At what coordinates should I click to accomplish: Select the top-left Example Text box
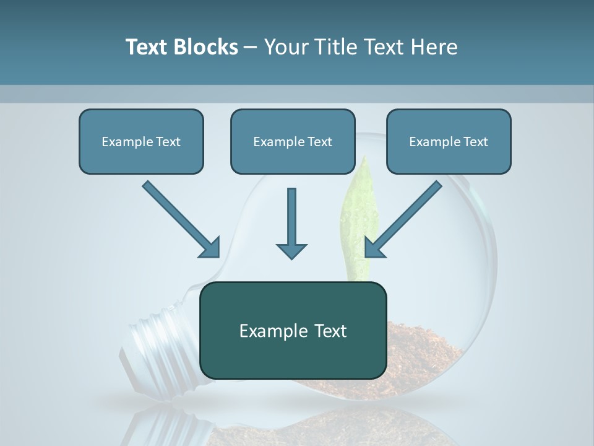click(141, 141)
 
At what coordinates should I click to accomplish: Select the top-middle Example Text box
click(293, 141)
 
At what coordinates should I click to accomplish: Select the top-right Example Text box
click(449, 141)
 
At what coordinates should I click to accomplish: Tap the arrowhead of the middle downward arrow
click(291, 250)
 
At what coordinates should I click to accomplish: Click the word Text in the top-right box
click(476, 141)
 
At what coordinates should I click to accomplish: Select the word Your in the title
click(283, 47)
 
